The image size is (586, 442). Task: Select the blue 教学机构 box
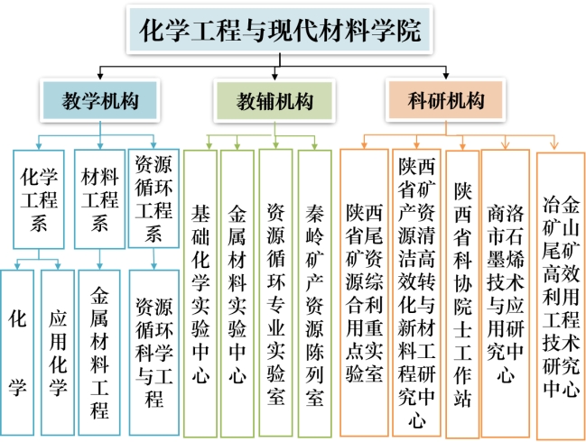click(x=99, y=99)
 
